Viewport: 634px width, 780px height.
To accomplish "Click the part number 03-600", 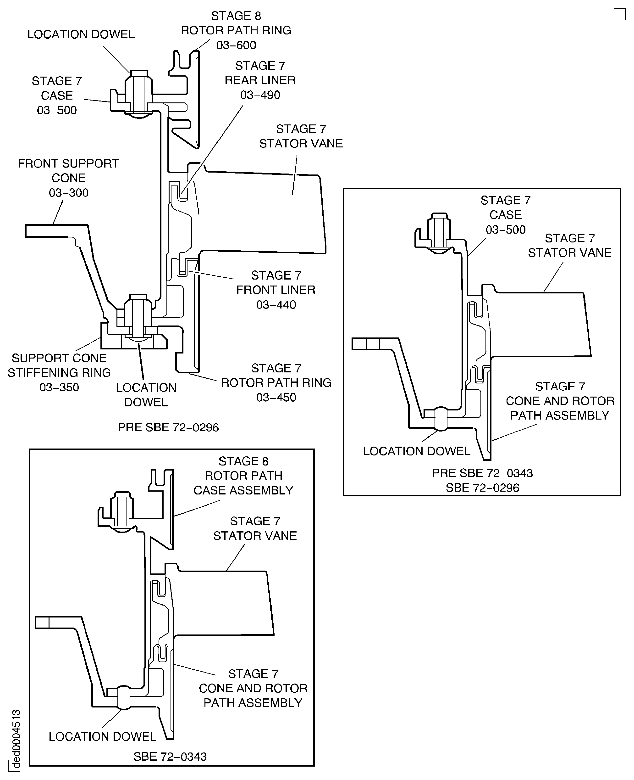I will coord(236,45).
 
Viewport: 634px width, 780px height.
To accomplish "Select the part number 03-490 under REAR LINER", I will coord(260,95).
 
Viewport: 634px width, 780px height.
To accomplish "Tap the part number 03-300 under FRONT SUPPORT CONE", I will coord(69,193).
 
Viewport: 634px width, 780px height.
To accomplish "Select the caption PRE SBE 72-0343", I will coord(482,473).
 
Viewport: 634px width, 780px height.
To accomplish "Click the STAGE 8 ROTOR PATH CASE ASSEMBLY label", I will coord(243,476).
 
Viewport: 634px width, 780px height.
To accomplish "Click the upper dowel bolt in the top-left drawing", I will coord(139,93).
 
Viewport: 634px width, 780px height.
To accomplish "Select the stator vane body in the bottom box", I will coord(223,603).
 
